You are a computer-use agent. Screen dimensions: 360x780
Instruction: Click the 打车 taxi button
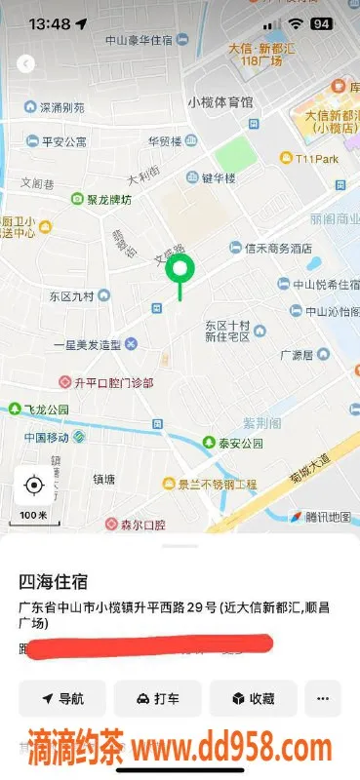(157, 698)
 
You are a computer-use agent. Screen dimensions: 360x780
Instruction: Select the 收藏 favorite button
(252, 698)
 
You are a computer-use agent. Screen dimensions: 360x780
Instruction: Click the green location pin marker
(180, 271)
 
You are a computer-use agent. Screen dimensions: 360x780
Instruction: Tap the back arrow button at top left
(26, 63)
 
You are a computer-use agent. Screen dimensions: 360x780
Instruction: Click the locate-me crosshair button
(34, 485)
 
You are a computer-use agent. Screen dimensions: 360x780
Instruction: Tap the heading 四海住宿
(54, 582)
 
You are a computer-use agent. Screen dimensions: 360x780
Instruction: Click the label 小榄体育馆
(220, 100)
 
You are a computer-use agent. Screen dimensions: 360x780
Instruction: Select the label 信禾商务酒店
(270, 248)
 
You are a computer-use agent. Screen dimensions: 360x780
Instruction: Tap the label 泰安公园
(234, 443)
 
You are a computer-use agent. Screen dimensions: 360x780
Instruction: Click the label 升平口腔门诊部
(107, 382)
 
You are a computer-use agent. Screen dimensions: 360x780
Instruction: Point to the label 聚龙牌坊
(101, 199)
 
